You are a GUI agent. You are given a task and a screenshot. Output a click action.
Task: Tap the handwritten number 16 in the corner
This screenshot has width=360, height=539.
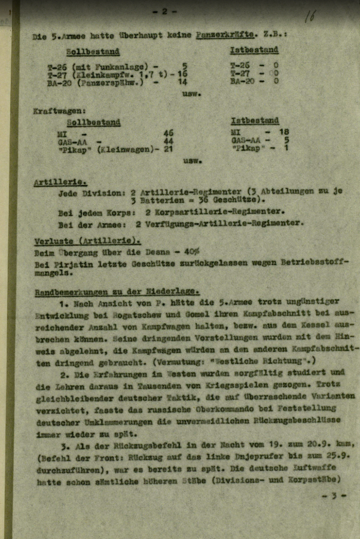pyautogui.click(x=309, y=16)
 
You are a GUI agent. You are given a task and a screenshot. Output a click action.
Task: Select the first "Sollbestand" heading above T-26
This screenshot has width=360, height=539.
pyautogui.click(x=93, y=51)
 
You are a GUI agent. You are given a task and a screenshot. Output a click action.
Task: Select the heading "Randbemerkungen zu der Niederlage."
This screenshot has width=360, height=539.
pyautogui.click(x=117, y=291)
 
